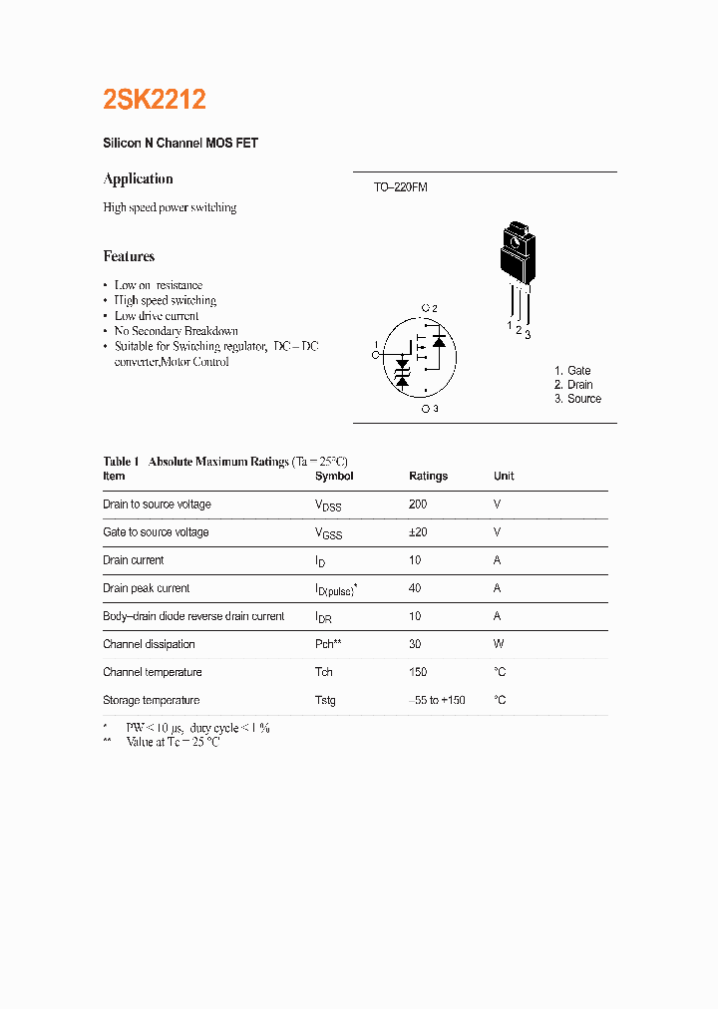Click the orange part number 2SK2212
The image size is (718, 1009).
pos(155,100)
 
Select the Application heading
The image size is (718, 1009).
pos(138,178)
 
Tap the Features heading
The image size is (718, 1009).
pos(129,256)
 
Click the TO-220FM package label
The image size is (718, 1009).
pos(400,187)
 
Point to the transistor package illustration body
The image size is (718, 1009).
pos(517,253)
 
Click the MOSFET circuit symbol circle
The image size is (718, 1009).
pos(420,357)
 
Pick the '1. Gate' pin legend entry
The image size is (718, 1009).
pos(572,371)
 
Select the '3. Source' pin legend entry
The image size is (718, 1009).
pos(577,399)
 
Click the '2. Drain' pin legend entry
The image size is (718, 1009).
pos(573,385)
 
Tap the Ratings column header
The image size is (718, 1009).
pos(428,477)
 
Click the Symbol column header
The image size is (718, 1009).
pos(334,477)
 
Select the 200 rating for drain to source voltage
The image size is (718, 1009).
pos(418,504)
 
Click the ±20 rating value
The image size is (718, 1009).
pos(418,532)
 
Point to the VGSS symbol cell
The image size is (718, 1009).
pos(328,533)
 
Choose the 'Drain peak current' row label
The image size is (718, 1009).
pos(146,588)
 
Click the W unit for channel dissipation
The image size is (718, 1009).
pos(498,644)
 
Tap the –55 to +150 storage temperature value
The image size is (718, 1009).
pos(438,700)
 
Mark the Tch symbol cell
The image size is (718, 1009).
pos(324,672)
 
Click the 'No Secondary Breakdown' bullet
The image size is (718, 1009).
pos(176,331)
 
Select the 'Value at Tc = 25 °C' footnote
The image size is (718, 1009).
pos(172,743)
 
